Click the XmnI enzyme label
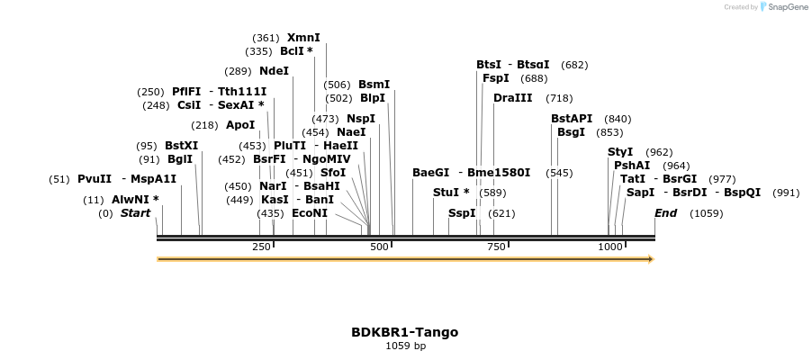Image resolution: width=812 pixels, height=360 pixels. [303, 38]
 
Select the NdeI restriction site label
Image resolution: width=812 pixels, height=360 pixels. [274, 71]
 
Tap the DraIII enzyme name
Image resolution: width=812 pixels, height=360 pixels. [512, 98]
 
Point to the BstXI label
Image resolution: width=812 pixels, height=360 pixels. [181, 146]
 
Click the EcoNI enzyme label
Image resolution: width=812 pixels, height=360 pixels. [310, 213]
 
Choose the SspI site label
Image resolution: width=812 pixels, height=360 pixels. [462, 213]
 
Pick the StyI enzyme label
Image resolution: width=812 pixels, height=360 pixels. [620, 152]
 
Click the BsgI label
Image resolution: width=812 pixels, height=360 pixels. [571, 132]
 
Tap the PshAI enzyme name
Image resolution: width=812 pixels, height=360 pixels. [632, 166]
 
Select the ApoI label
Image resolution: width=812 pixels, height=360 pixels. [240, 125]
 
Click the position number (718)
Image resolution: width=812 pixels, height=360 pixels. [559, 98]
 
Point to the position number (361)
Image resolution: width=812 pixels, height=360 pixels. [266, 38]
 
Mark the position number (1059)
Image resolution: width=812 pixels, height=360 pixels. [706, 213]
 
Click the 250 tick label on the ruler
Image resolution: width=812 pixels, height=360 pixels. [262, 247]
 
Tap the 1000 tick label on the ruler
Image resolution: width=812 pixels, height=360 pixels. [610, 247]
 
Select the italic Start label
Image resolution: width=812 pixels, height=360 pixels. [136, 213]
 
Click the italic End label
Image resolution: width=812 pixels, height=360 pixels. [665, 213]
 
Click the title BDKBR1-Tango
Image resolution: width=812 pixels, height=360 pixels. [404, 332]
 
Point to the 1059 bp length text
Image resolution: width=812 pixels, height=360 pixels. [404, 346]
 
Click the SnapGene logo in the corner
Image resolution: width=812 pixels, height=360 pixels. [782, 7]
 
